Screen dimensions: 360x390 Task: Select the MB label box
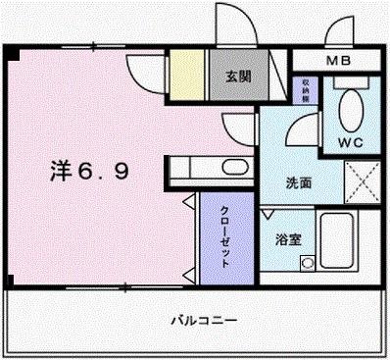(x=339, y=62)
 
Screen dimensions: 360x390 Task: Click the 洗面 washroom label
(x=299, y=182)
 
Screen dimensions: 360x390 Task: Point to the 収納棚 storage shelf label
(x=308, y=90)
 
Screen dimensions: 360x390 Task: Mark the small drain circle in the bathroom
(x=307, y=262)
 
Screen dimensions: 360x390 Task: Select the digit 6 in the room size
(x=86, y=173)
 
